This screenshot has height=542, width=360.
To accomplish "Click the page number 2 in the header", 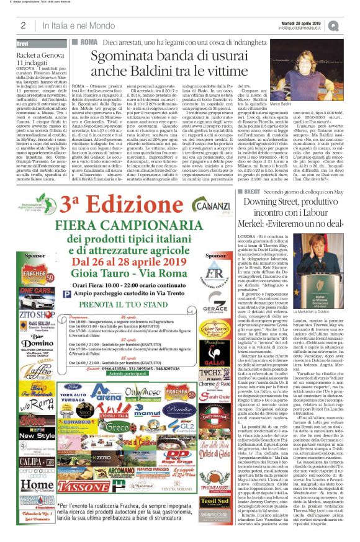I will point(23,25).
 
